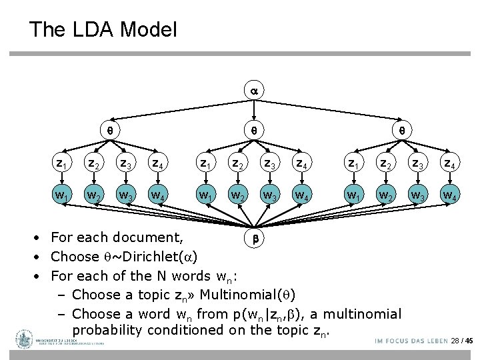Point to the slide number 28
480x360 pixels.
tap(455, 341)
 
